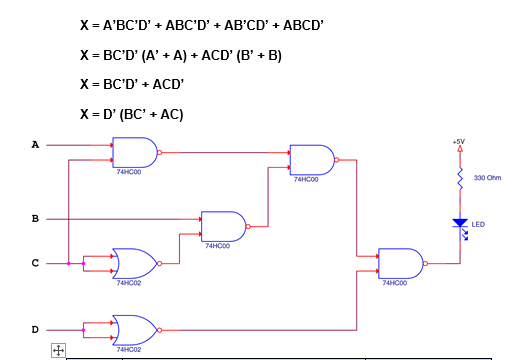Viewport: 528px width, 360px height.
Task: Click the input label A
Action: pos(35,145)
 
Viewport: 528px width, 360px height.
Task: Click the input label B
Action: pos(35,218)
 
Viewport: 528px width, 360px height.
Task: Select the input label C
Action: pos(35,264)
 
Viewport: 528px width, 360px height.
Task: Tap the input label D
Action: pos(35,328)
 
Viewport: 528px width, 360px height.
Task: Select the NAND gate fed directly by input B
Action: pos(223,226)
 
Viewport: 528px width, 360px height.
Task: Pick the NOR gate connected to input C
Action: pos(134,264)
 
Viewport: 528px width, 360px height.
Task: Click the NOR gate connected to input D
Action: pos(134,328)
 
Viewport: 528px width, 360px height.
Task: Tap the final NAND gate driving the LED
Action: pos(399,264)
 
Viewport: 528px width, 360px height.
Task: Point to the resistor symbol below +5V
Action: pos(460,180)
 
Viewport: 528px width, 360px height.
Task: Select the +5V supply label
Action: pos(459,142)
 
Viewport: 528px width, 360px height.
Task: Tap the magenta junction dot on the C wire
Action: pos(68,264)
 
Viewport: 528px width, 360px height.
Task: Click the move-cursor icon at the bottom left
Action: pos(58,350)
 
